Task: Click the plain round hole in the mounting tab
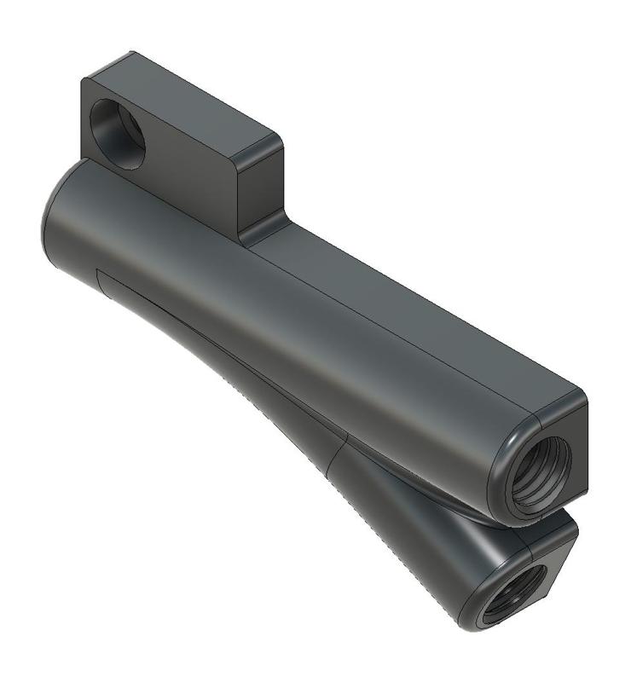click(x=118, y=133)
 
